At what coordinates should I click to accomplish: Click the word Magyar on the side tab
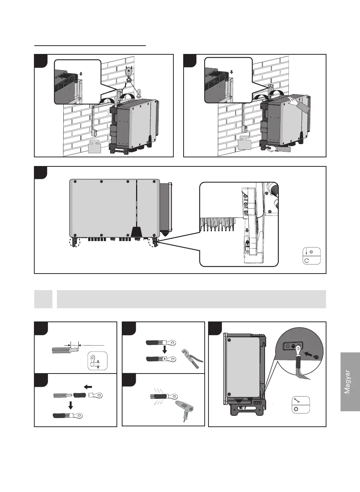coord(348,382)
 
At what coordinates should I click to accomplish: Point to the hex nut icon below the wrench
coord(296,409)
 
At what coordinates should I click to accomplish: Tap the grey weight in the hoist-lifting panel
coord(95,146)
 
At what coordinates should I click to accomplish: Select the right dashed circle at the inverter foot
coord(154,241)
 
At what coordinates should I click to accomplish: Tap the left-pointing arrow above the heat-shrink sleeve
coord(87,387)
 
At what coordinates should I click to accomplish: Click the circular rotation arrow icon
coord(306,260)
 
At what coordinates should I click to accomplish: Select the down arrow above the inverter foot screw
coord(247,230)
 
